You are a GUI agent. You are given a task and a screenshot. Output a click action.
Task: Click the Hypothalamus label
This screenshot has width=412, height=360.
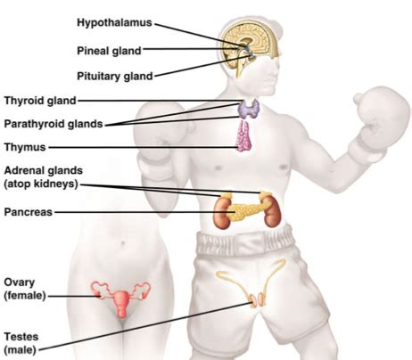pos(114,23)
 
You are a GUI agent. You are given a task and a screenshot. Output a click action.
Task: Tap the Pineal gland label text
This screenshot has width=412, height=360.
pos(109,51)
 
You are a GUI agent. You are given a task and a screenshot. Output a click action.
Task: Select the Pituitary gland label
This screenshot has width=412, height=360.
pos(115,77)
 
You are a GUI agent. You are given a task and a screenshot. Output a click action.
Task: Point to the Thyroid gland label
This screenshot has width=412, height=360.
pos(40,101)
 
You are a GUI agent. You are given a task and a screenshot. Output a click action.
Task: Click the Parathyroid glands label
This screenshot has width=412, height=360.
pos(54,124)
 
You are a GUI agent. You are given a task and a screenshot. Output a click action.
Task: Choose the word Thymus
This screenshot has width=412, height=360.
pos(25,147)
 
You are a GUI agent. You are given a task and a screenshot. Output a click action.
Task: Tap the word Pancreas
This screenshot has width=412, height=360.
pos(29,212)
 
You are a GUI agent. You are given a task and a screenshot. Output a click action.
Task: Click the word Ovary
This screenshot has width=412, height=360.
pos(20,282)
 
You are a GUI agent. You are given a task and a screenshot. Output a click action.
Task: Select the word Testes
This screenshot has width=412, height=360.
pos(21,337)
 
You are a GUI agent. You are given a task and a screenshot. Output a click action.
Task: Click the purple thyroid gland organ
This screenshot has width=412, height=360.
pos(248,109)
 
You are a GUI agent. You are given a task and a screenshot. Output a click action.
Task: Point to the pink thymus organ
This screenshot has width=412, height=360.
pos(244,137)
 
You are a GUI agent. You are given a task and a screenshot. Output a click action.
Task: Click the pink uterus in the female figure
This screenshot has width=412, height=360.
pos(121,303)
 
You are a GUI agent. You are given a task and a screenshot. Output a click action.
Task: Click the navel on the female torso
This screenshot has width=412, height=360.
pos(122,244)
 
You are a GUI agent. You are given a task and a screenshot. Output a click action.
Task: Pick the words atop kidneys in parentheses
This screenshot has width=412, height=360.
pos(41,184)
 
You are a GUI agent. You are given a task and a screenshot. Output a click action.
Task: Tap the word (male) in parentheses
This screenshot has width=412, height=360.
pos(20,350)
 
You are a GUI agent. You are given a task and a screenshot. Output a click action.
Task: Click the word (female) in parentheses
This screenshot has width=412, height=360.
pos(25,296)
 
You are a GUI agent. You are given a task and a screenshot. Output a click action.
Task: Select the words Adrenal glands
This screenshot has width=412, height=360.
pos(44,171)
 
